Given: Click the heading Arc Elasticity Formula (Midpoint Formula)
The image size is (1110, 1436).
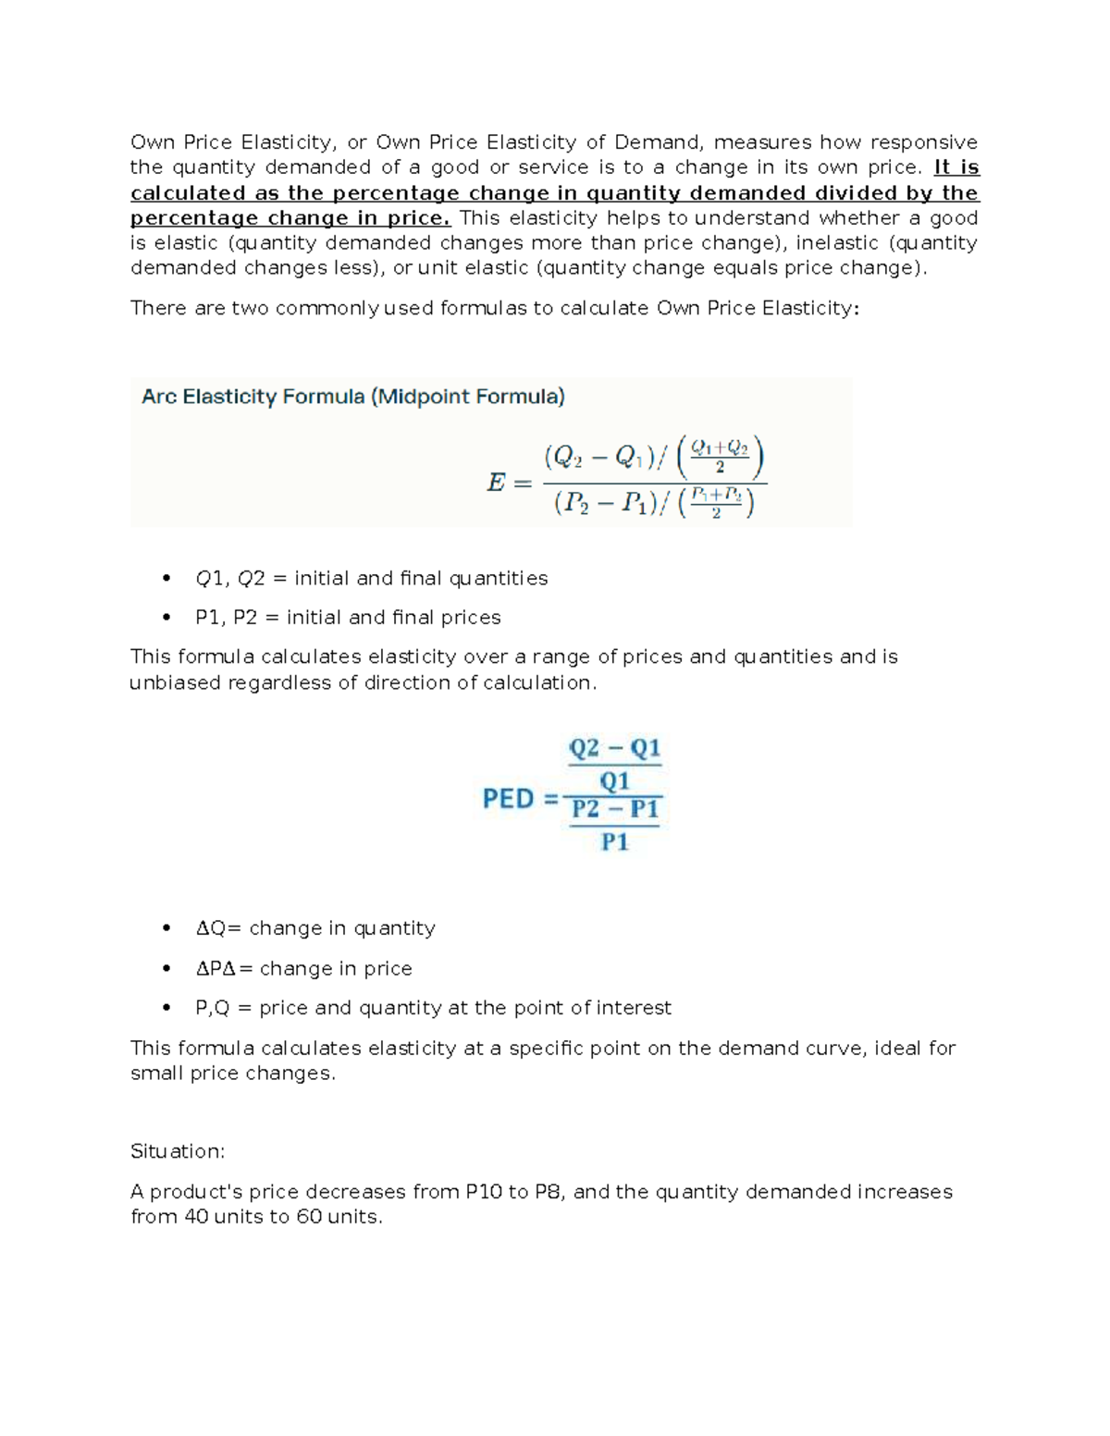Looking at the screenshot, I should click(x=352, y=398).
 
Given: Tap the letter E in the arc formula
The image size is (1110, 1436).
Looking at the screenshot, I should click(x=497, y=482).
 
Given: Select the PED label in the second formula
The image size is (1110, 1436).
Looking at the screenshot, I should click(x=508, y=798).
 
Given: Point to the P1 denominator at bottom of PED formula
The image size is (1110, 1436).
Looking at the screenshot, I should click(x=615, y=841).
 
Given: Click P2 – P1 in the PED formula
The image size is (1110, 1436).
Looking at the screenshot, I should click(x=615, y=810).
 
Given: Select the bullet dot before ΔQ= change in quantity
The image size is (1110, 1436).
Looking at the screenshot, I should click(x=166, y=928).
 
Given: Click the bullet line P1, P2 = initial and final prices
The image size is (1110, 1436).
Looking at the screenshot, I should click(x=348, y=618).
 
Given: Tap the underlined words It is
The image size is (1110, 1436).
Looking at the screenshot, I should click(x=956, y=167).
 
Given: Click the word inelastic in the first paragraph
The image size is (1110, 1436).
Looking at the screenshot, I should click(x=843, y=243).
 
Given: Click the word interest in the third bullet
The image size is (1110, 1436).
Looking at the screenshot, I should click(x=634, y=1008).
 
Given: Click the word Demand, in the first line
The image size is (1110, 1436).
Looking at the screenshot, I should click(x=659, y=142).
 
